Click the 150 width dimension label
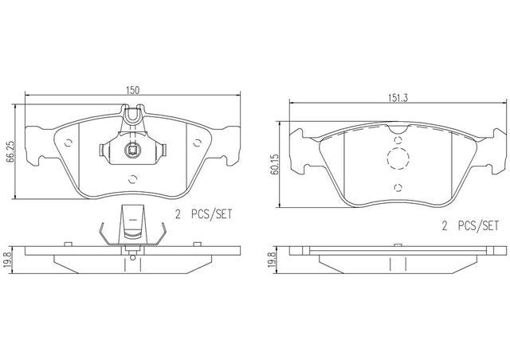(x=133, y=90)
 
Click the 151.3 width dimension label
(x=398, y=98)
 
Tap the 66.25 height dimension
(x=10, y=152)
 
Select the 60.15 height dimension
(x=274, y=164)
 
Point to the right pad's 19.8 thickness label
(x=274, y=260)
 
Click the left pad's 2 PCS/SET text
(x=204, y=214)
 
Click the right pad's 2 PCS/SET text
(x=470, y=225)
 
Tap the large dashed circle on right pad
(x=398, y=158)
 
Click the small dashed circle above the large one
(x=398, y=140)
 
